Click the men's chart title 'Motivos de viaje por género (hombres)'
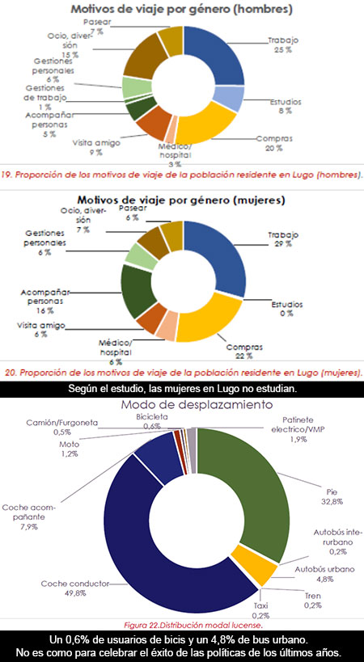point(181,10)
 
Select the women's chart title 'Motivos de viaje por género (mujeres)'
point(181,199)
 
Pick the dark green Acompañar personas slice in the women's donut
point(133,288)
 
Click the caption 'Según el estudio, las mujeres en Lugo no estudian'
point(182,390)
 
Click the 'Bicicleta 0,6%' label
point(152,423)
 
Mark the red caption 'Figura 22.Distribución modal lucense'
point(183,623)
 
